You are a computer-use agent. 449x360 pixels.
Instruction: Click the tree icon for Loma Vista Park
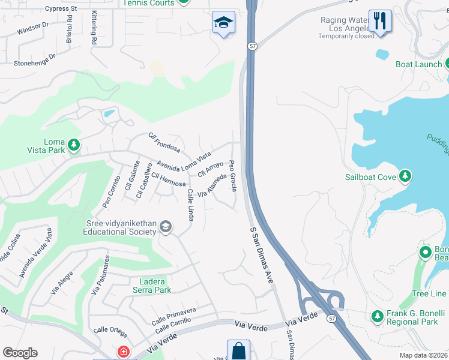(74, 145)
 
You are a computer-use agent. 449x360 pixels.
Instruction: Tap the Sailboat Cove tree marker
(406, 176)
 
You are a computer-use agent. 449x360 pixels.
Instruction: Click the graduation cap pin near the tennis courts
(223, 23)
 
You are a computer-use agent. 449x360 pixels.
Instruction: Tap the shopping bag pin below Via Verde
(238, 351)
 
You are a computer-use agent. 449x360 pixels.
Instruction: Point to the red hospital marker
(123, 352)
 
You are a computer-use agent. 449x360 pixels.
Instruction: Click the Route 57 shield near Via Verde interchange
(331, 318)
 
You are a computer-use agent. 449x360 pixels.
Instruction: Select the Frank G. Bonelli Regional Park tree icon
(377, 316)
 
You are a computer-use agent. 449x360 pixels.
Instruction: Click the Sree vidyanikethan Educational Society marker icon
(166, 227)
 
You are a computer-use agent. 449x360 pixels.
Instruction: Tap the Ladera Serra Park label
(146, 286)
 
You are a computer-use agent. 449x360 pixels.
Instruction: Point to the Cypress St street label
(61, 9)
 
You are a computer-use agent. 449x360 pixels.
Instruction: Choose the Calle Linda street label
(190, 205)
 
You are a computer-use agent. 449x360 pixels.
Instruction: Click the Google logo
(20, 353)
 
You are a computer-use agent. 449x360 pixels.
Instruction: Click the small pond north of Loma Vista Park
(109, 113)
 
